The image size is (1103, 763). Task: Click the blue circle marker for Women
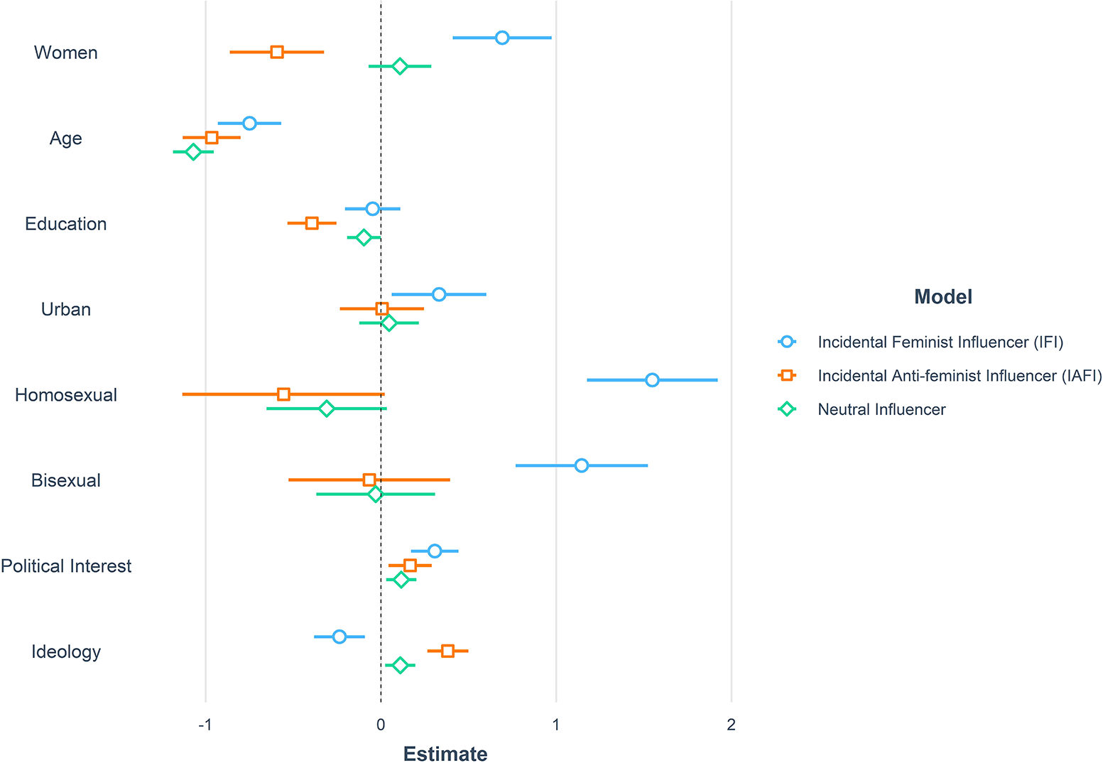coord(502,38)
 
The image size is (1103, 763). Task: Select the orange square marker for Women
coord(277,52)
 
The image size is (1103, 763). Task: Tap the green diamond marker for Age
coord(193,151)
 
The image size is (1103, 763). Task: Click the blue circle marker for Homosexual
coord(652,380)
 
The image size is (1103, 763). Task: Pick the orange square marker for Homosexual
coord(283,394)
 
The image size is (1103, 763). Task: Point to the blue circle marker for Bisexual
coord(582,465)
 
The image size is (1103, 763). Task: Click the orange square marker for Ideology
coord(447,651)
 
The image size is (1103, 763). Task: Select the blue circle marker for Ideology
coord(339,637)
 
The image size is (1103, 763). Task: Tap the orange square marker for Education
coord(312,223)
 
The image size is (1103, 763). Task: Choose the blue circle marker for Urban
coord(439,294)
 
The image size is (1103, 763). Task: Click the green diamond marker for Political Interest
coord(401,580)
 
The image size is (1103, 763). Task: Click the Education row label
coord(66,224)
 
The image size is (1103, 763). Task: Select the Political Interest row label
coord(66,566)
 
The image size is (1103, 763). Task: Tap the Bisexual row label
coord(66,480)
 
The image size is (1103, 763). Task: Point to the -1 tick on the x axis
coord(205,725)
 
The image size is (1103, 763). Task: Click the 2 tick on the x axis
coord(731,725)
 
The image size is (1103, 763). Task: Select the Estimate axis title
coord(445,753)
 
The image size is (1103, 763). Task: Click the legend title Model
coord(942,296)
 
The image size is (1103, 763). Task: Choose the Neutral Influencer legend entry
coord(881,409)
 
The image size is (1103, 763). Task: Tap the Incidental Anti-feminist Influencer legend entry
coord(959,376)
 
